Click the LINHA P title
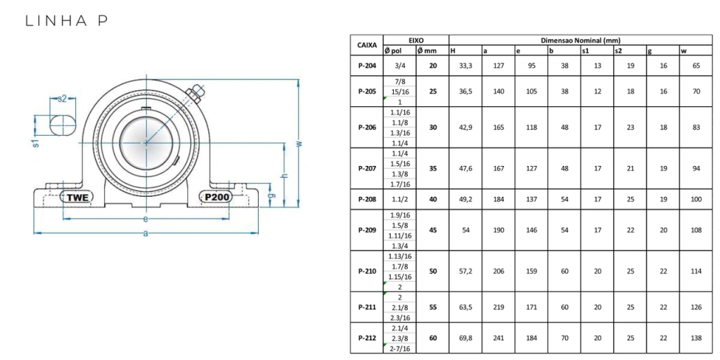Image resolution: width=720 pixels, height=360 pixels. tap(67, 21)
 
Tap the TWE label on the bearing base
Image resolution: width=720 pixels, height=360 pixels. tap(77, 197)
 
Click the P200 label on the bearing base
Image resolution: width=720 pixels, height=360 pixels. tap(216, 197)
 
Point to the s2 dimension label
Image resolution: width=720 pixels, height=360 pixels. tap(62, 98)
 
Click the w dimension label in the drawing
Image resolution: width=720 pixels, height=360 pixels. tap(300, 143)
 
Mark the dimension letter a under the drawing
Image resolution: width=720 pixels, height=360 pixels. tap(146, 233)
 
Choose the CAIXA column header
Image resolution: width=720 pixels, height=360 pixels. tap(367, 46)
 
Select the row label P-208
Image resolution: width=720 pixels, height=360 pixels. tap(367, 199)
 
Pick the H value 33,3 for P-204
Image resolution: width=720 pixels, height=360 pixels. tap(465, 65)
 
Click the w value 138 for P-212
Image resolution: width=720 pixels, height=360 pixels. tap(696, 338)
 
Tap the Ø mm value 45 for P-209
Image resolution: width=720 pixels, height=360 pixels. tap(432, 230)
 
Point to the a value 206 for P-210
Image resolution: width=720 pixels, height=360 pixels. tap(499, 271)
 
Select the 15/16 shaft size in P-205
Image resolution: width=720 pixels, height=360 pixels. tap(399, 91)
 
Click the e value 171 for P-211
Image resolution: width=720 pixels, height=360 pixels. tap(532, 307)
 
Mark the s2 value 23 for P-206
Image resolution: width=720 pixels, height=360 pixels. tap(631, 127)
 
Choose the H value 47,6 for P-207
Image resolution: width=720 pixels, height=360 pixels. tap(465, 169)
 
